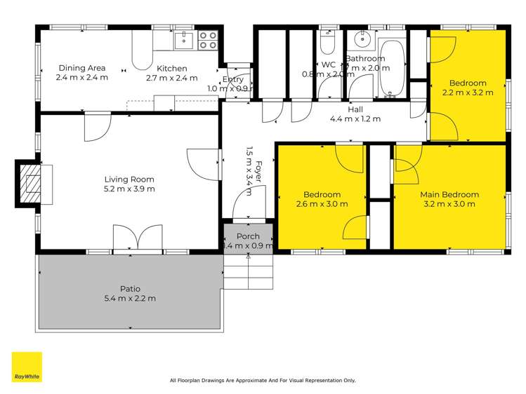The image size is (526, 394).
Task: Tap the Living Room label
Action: (129, 179)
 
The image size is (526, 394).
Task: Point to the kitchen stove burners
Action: (207, 40)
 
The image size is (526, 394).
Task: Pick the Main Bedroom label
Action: (449, 195)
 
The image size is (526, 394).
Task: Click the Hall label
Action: (355, 109)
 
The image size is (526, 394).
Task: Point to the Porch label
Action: (248, 236)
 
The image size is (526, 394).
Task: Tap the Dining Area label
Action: (82, 68)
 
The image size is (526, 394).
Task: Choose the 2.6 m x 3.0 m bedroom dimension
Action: (322, 205)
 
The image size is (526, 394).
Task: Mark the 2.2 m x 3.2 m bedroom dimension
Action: (468, 92)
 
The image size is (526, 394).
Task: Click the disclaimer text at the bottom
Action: (263, 381)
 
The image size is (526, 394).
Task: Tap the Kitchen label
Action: (171, 68)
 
